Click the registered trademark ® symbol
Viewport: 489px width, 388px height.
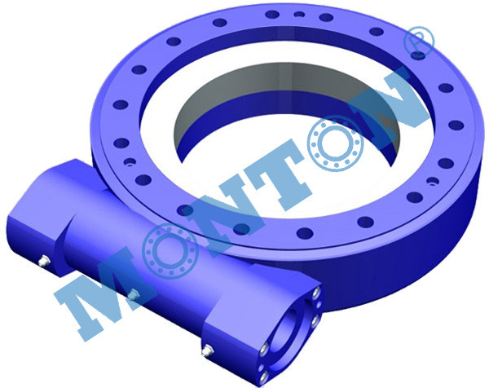click(x=419, y=42)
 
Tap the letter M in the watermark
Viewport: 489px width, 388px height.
click(x=99, y=293)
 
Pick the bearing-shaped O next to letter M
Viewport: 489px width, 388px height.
click(x=170, y=250)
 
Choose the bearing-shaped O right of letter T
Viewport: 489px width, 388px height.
click(x=335, y=143)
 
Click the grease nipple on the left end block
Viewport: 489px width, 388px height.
click(x=44, y=261)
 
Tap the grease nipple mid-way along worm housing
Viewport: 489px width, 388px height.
click(x=134, y=294)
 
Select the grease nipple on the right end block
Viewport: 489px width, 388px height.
click(x=207, y=351)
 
